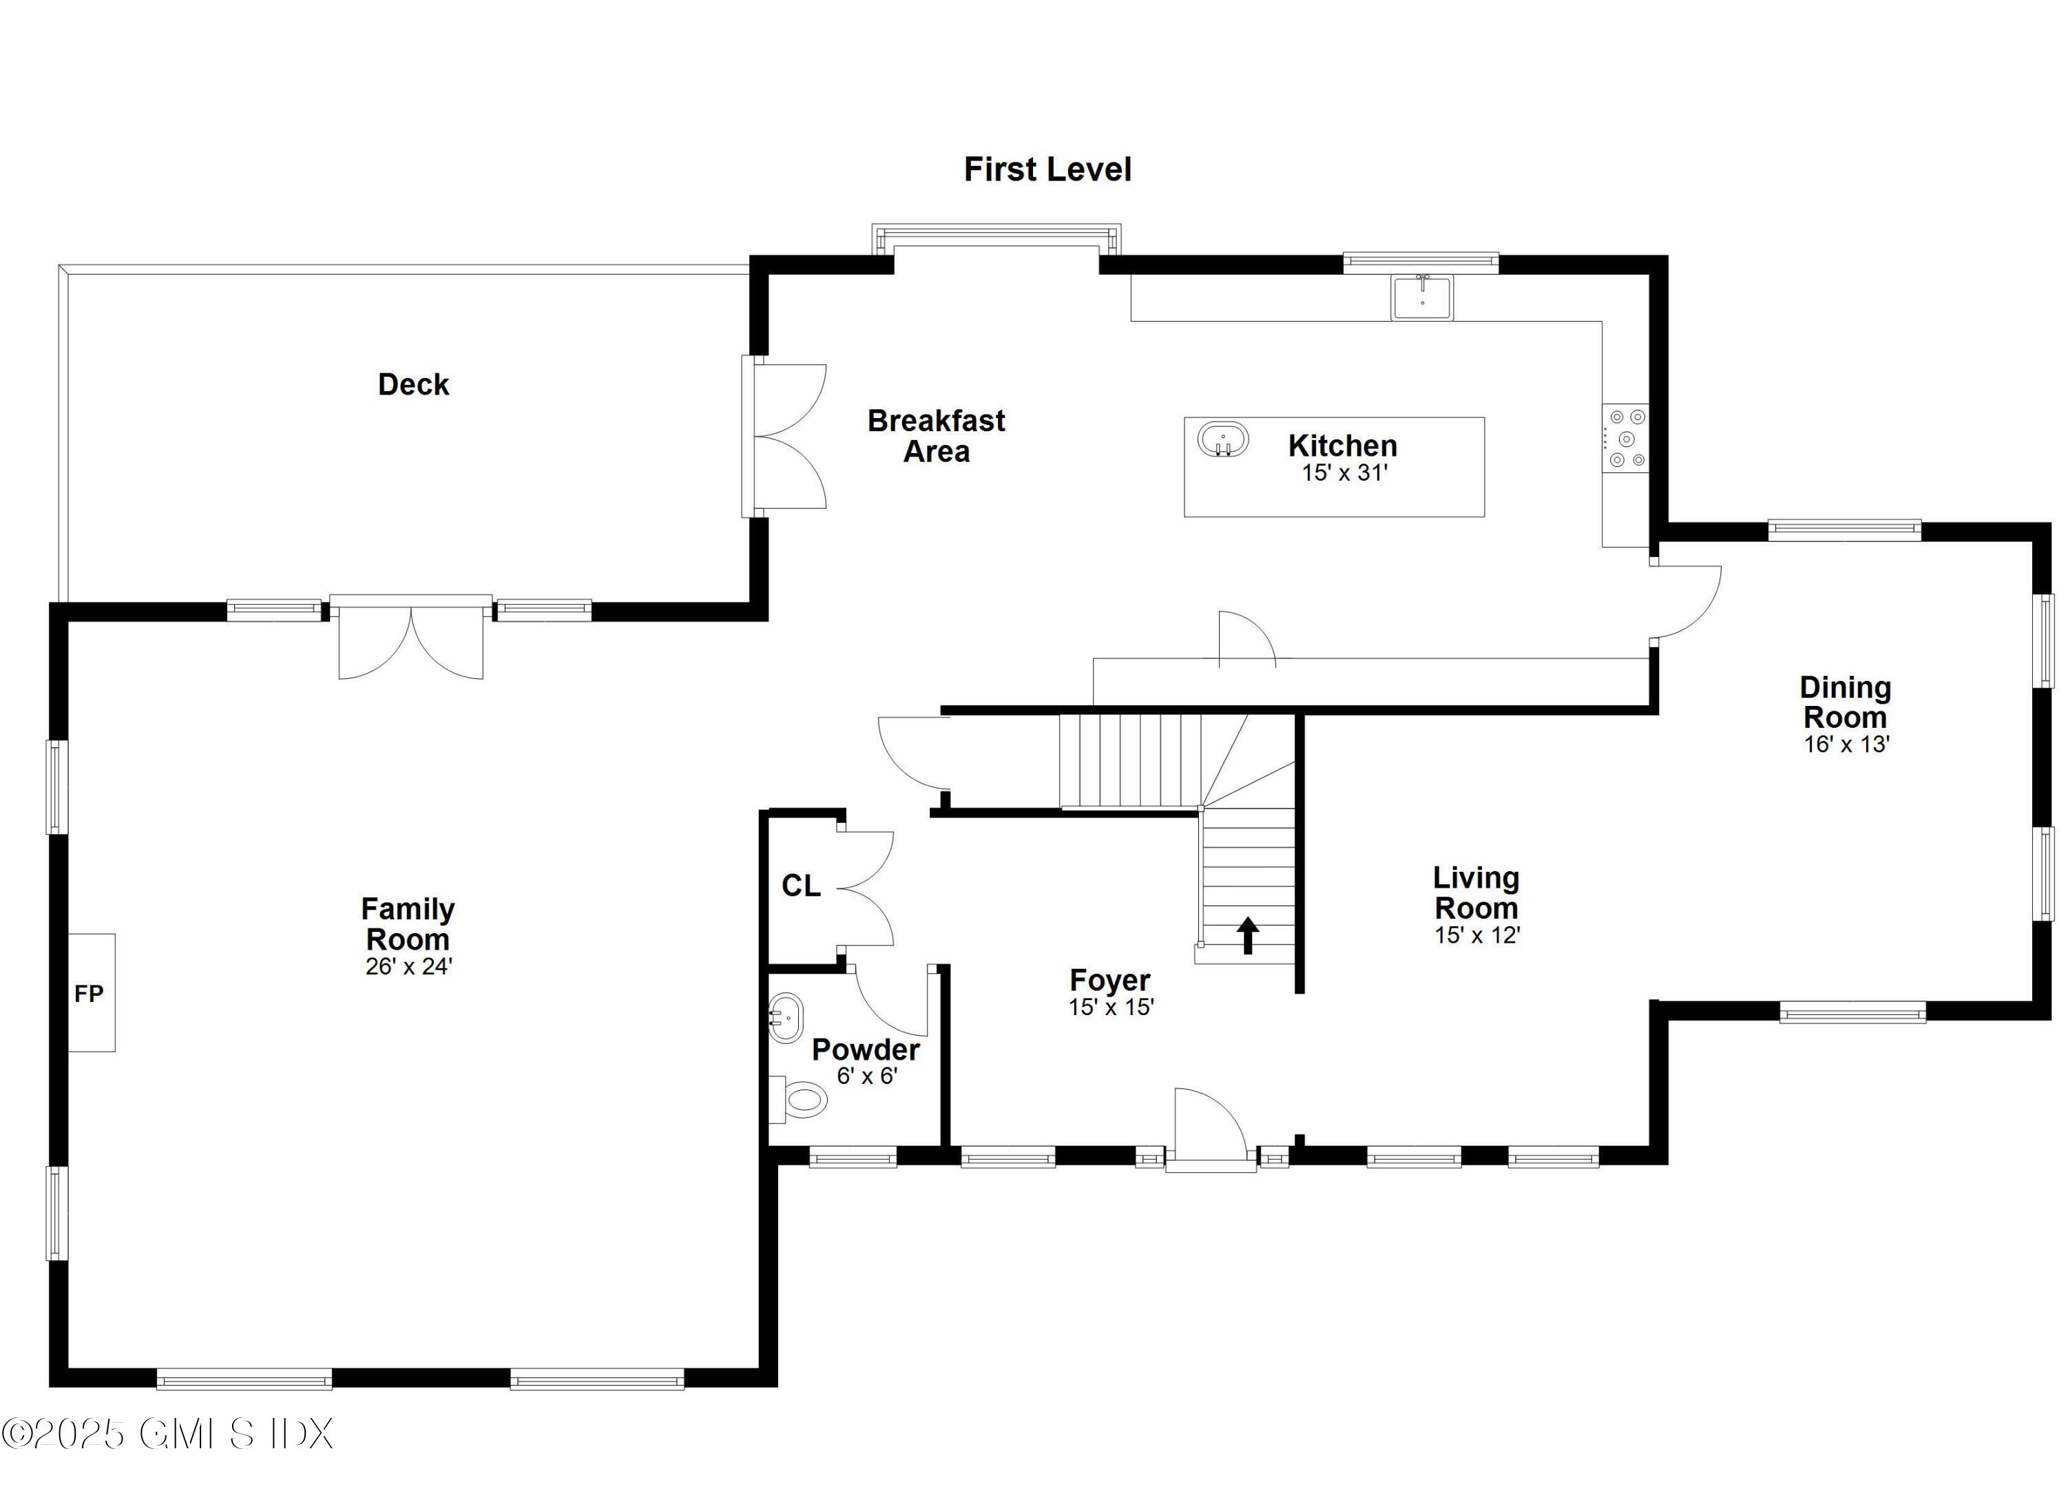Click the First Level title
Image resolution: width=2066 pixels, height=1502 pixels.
click(1047, 169)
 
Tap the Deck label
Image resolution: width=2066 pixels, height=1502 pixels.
click(414, 384)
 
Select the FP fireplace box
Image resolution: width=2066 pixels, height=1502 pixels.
click(91, 993)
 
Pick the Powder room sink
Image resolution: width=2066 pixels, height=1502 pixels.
click(785, 1016)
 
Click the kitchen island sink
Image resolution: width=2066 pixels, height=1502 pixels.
click(1222, 441)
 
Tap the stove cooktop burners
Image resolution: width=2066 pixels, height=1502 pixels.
click(1627, 438)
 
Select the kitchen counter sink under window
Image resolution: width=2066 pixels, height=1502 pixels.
click(1422, 297)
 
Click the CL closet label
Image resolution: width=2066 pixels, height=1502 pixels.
click(801, 886)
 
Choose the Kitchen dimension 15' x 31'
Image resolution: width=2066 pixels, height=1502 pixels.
click(1344, 472)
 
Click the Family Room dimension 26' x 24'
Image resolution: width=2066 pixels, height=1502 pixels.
click(408, 966)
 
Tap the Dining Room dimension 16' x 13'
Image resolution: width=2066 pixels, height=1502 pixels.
click(1846, 744)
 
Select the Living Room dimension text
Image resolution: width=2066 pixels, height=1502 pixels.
click(1477, 935)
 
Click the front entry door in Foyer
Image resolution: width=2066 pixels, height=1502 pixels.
click(1211, 1127)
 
